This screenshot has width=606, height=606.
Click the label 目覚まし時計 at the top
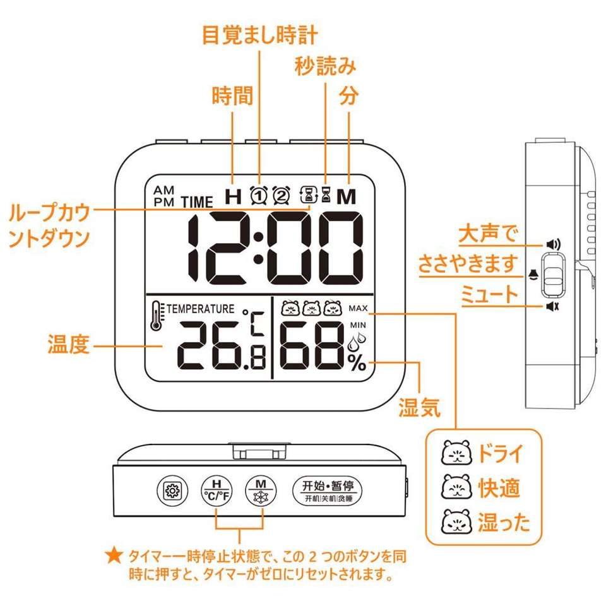coord(259,35)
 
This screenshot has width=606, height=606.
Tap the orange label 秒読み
coord(325,66)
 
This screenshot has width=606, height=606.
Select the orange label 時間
coord(232,97)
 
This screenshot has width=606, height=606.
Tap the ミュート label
coord(489,295)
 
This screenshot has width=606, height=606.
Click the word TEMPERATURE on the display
coord(199,309)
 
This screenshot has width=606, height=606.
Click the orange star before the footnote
coord(114,556)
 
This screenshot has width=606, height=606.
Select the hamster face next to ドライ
coord(456,453)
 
